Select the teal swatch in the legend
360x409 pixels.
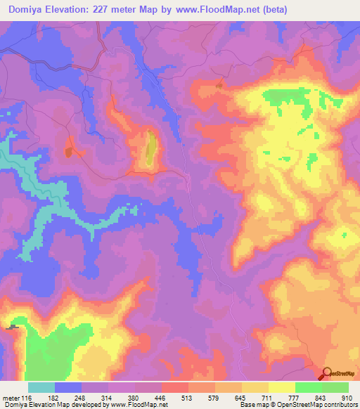41,388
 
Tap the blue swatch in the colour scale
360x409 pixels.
68,388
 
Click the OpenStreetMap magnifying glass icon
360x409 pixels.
326,373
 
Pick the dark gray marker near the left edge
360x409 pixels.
12,327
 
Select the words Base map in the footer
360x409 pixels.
250,405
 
